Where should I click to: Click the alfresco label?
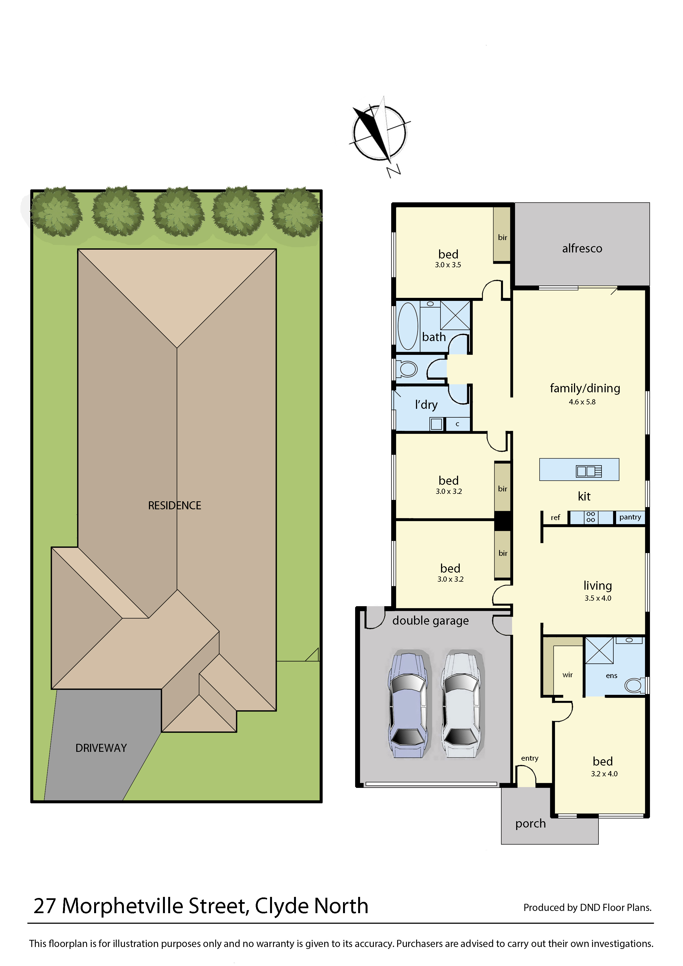pyautogui.click(x=582, y=249)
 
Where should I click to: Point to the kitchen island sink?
pyautogui.click(x=588, y=471)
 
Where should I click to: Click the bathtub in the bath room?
pyautogui.click(x=407, y=326)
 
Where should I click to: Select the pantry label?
pyautogui.click(x=630, y=517)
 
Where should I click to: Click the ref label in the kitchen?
pyautogui.click(x=555, y=518)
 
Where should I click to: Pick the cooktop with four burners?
pyautogui.click(x=591, y=517)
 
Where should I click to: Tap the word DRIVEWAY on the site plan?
pyautogui.click(x=101, y=748)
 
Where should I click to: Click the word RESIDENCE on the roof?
pyautogui.click(x=174, y=505)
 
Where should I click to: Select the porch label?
pyautogui.click(x=530, y=823)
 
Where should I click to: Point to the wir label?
pyautogui.click(x=567, y=675)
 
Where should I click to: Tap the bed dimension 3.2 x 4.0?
pyautogui.click(x=604, y=774)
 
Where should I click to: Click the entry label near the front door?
pyautogui.click(x=529, y=758)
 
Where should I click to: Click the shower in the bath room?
pyautogui.click(x=455, y=315)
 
